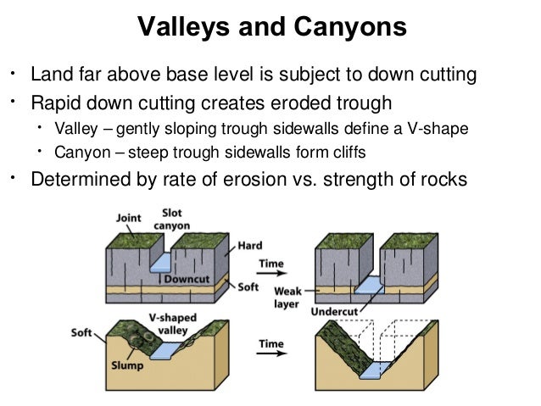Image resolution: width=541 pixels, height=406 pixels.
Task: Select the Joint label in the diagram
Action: tap(129, 218)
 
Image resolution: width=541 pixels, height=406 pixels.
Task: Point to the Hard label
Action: tap(251, 245)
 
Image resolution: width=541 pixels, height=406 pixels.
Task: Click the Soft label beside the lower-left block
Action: tap(81, 333)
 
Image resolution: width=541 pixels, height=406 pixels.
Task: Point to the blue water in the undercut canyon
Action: tap(369, 286)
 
